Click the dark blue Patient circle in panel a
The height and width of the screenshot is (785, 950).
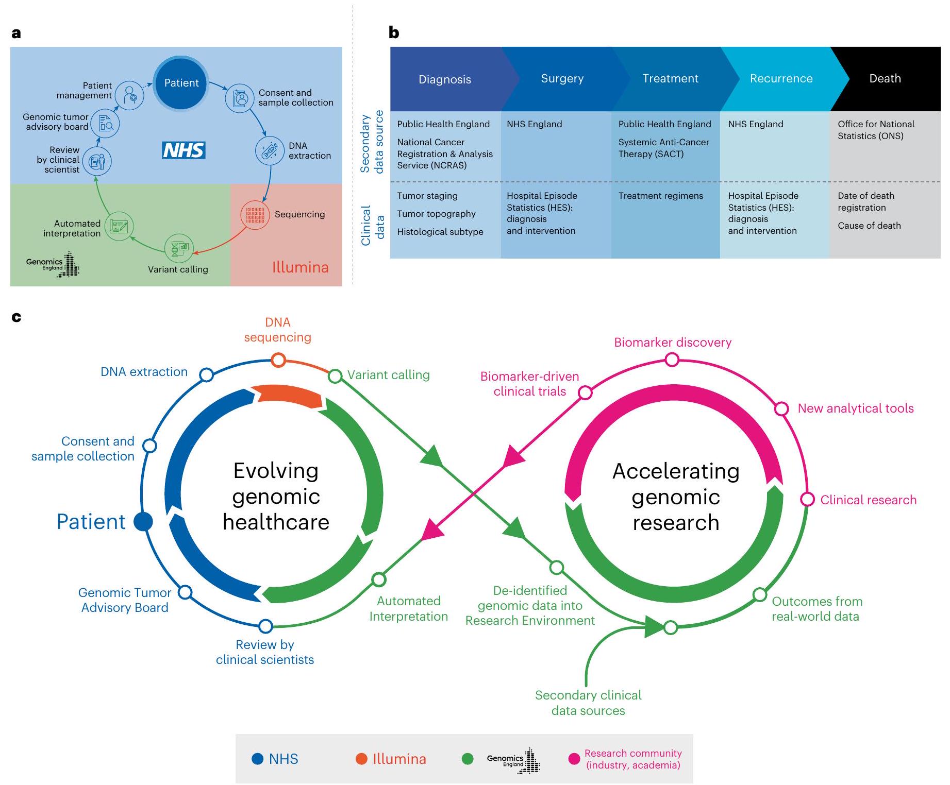[181, 83]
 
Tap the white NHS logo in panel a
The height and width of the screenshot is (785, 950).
[184, 150]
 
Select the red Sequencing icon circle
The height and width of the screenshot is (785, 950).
[255, 214]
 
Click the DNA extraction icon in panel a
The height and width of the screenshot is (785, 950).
[270, 150]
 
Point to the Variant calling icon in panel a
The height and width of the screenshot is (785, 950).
[179, 249]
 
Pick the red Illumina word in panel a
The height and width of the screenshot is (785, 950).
[300, 267]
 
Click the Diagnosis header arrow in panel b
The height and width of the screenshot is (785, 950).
[445, 79]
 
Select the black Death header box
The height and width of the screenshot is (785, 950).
[885, 79]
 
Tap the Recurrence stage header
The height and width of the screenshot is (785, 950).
[781, 79]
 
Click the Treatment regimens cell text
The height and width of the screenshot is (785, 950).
[660, 196]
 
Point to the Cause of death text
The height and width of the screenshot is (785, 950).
[869, 226]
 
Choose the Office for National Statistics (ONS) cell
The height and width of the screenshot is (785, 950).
[876, 130]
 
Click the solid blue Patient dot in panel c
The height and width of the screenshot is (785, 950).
[143, 521]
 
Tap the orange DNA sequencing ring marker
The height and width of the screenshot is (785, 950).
[278, 360]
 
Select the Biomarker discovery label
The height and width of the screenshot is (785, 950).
[672, 343]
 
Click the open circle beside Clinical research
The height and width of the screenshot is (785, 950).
[807, 499]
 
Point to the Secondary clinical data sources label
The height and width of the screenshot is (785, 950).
[588, 703]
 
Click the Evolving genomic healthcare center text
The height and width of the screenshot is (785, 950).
[276, 496]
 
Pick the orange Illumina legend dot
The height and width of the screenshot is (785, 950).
[361, 759]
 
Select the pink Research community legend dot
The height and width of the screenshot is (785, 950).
[574, 759]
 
